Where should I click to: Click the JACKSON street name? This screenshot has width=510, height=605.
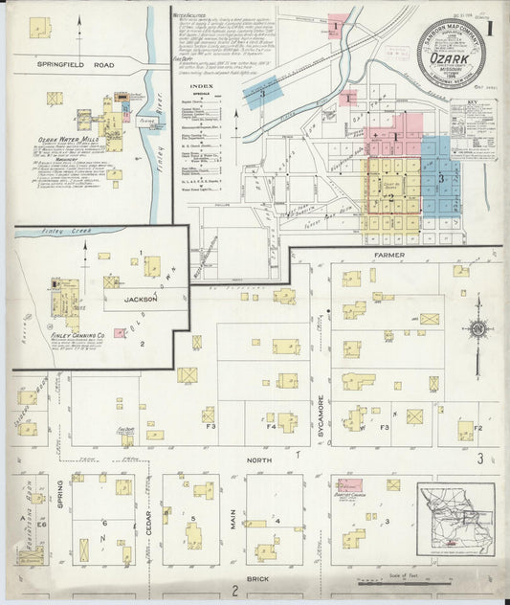140,299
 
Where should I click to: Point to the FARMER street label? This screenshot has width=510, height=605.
389,257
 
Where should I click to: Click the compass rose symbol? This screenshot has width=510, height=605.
477,330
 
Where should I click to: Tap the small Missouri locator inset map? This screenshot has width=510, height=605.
455,519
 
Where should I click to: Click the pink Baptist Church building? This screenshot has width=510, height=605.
349,485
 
